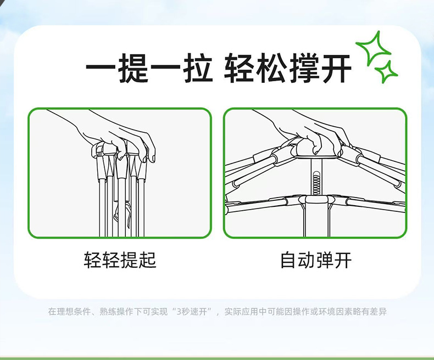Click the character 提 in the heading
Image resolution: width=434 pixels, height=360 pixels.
tap(134, 69)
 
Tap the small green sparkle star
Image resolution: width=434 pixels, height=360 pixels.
tap(387, 71)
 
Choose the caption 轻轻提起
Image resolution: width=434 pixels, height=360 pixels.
tap(120, 260)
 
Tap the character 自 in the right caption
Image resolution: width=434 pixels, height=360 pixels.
tap(288, 260)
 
